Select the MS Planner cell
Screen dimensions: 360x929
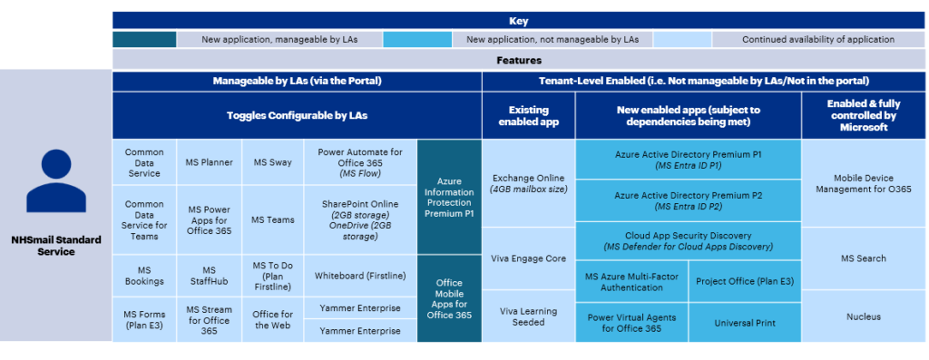210,162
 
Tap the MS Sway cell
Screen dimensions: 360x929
273,162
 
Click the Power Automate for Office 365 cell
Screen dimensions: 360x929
359,162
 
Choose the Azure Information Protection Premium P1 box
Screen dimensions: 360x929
449,197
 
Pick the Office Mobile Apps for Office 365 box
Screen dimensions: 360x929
449,298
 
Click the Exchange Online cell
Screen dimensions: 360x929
528,183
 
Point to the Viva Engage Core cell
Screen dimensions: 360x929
528,258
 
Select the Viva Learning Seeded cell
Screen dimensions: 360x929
528,316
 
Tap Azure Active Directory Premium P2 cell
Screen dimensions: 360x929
688,200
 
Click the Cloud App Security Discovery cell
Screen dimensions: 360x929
688,240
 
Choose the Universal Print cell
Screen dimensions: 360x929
745,322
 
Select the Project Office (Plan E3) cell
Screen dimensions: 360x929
745,281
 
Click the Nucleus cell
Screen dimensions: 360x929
863,316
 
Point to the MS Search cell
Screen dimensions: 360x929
863,258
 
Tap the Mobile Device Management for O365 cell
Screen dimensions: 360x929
863,183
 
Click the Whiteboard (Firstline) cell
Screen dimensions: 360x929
359,276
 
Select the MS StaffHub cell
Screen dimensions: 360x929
210,276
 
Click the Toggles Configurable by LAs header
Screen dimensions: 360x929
297,116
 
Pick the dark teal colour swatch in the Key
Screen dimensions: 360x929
144,40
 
